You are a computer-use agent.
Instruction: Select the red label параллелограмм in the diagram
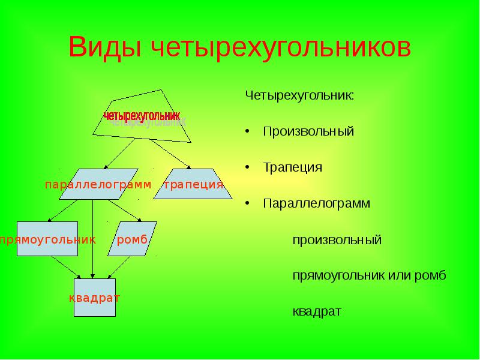pos(98,184)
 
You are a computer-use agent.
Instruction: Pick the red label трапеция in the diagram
pos(193,184)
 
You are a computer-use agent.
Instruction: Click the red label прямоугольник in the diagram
pos(48,240)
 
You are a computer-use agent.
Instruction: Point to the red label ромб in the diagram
pos(133,240)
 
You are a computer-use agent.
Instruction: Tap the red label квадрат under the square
pos(94,298)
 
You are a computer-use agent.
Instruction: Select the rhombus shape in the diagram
pos(137,231)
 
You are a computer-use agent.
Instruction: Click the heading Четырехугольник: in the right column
pos(299,95)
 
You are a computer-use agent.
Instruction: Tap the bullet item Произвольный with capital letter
pos(308,131)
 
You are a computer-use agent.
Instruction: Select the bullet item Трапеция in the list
pos(292,167)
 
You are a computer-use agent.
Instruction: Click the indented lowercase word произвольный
pos(337,240)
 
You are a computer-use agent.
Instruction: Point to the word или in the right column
pos(403,276)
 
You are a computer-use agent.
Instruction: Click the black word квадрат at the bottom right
pos(317,312)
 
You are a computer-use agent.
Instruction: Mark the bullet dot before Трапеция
pos(247,167)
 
